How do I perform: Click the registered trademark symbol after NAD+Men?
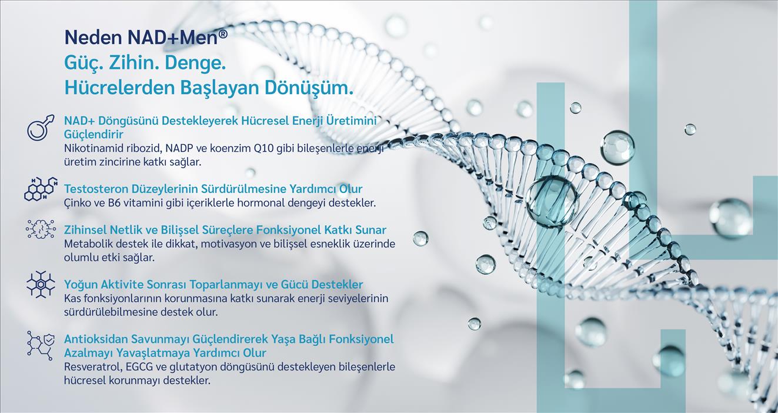pos(223,34)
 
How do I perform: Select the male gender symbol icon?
pos(41,127)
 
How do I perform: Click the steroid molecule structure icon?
pos(41,189)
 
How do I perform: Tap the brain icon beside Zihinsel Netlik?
pos(41,229)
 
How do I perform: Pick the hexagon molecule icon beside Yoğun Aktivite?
pos(41,284)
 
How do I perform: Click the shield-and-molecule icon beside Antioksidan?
pos(41,345)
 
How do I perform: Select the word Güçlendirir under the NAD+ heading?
pos(94,134)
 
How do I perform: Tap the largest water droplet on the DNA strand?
pos(552,201)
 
